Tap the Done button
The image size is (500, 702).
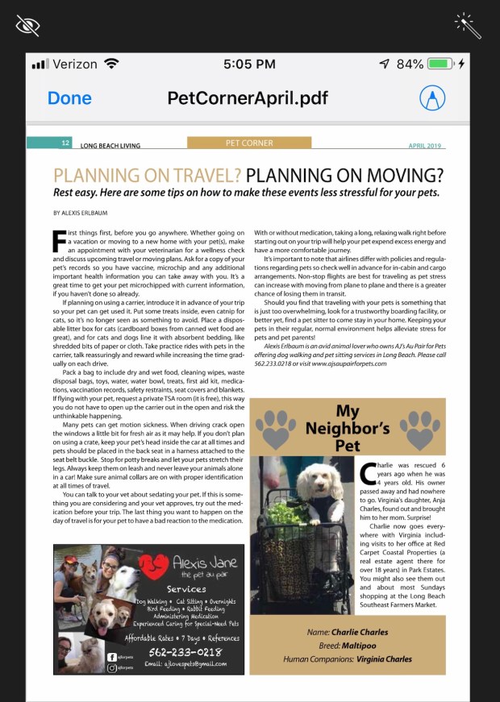(69, 98)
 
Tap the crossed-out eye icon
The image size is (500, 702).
(27, 25)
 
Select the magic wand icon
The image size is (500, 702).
(468, 25)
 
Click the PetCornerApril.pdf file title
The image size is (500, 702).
(248, 98)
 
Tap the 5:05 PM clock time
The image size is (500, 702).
(249, 63)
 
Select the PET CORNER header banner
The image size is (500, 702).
(249, 143)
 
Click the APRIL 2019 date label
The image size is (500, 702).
(425, 146)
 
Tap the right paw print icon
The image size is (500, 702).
(419, 427)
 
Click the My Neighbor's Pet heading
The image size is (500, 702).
(348, 426)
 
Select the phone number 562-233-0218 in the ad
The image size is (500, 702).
(185, 651)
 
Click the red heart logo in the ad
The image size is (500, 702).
(154, 567)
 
